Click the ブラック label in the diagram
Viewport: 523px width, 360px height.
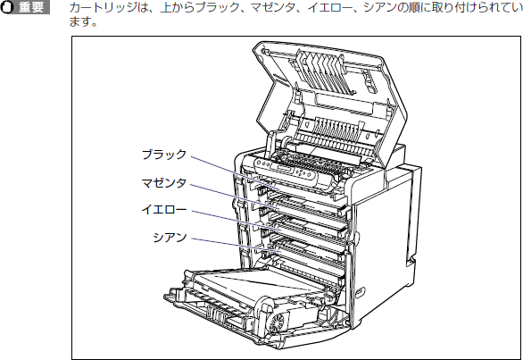point(163,155)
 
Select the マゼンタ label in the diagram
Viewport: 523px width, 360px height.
point(163,183)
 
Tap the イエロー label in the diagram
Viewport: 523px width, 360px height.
point(163,210)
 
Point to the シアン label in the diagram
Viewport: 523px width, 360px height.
point(170,237)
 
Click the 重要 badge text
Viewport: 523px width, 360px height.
point(31,7)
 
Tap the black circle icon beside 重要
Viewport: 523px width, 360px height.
point(7,7)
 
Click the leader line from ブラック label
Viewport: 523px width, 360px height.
point(236,173)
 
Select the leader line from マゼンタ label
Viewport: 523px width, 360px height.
point(235,197)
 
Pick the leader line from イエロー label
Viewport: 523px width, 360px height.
point(237,221)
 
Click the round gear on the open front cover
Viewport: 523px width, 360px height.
point(277,322)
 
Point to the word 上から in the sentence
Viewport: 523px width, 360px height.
point(177,7)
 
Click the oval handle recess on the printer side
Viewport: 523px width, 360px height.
point(361,292)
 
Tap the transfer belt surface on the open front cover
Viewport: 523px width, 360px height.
point(253,284)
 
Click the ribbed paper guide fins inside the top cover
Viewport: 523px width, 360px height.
point(323,71)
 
